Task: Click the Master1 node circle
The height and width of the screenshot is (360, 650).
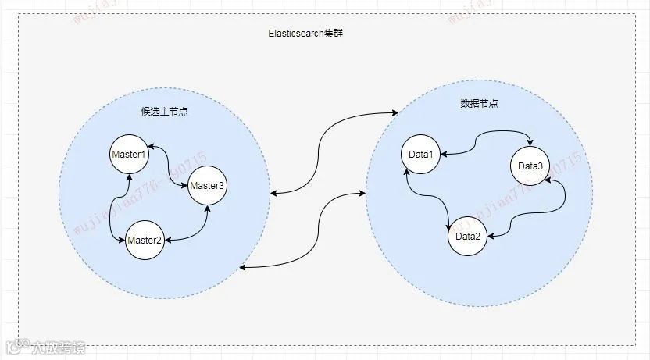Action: point(129,155)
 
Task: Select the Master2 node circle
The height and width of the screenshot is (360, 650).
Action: point(145,240)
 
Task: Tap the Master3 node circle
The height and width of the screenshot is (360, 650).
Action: point(207,186)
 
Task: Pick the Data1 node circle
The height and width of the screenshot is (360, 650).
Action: point(421,155)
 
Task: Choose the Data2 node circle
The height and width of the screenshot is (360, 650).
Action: point(467,236)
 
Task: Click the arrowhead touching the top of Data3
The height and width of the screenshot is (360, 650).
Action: point(531,144)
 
